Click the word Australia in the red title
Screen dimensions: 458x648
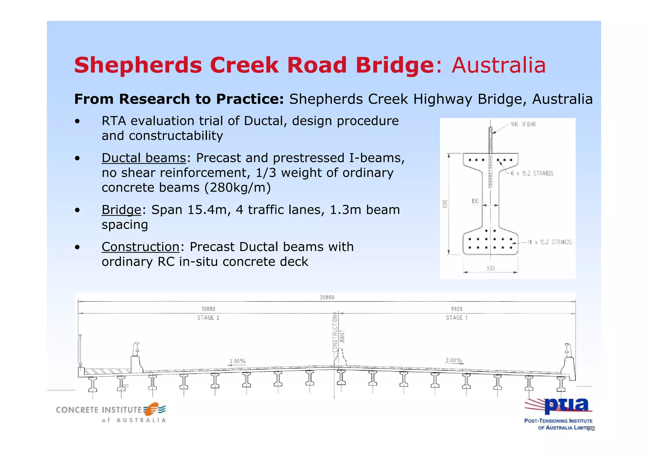pos(499,66)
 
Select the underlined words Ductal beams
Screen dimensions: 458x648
pos(144,158)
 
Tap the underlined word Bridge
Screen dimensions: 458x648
pos(121,210)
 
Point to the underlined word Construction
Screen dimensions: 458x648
pos(140,247)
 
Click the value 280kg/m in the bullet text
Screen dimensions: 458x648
pos(238,188)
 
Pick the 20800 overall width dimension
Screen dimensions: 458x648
pos(327,298)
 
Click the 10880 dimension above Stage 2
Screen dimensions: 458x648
pos(208,309)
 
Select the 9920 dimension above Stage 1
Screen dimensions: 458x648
pos(457,309)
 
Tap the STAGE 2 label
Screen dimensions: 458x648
pos(208,317)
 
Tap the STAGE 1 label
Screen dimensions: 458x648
pos(457,317)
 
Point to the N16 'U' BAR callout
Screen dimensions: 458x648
pos(523,124)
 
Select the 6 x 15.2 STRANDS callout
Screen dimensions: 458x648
pos(532,173)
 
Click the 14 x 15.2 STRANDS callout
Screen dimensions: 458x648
pos(549,242)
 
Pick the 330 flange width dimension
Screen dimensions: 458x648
pos(490,268)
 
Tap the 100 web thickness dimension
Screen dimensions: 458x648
pos(475,201)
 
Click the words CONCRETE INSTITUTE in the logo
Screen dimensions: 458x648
pos(99,410)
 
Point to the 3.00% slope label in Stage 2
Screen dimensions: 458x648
pos(237,361)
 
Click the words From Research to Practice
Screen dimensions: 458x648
pos(179,99)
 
